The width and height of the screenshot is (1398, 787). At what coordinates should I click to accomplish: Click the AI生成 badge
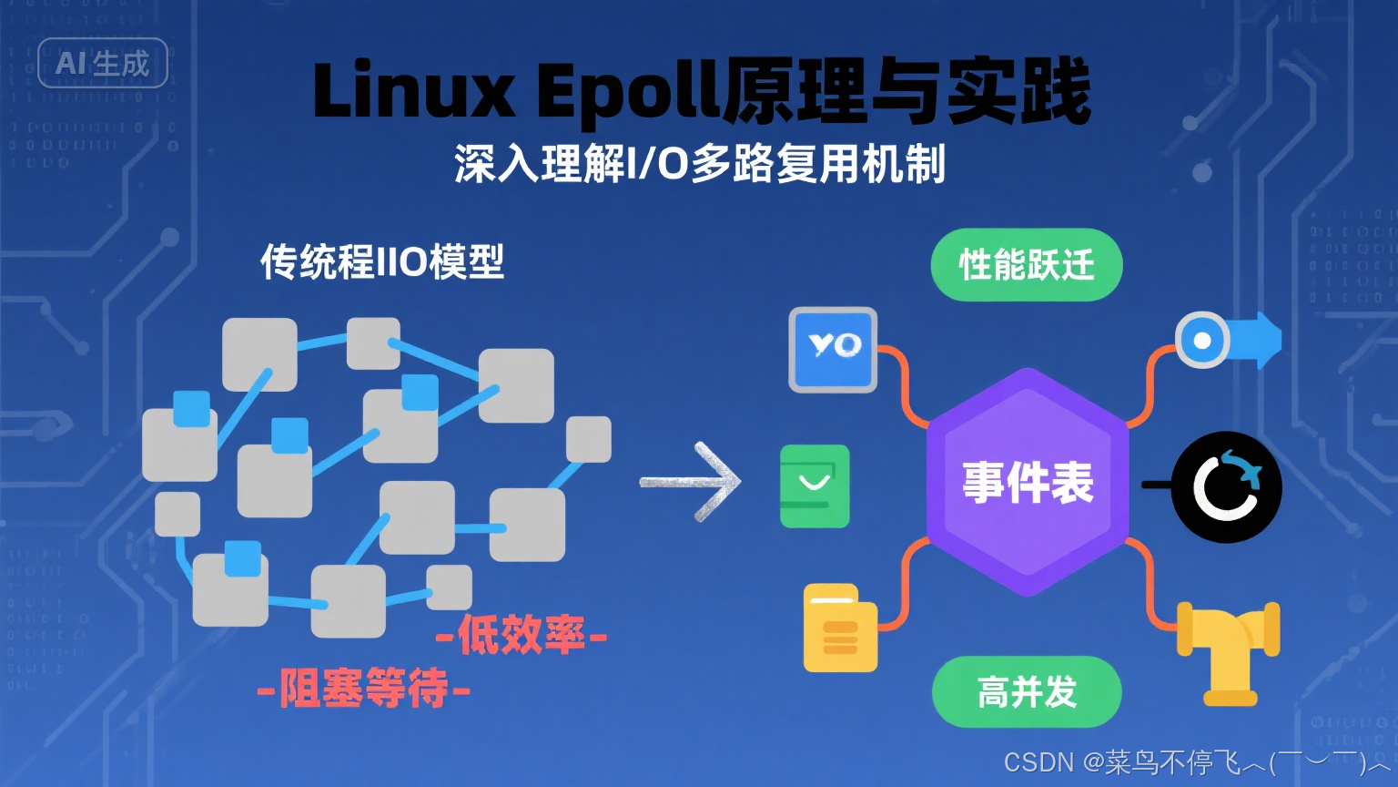click(102, 63)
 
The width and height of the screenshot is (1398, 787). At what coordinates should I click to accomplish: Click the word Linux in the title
click(413, 90)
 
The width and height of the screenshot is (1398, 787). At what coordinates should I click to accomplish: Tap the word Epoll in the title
click(627, 92)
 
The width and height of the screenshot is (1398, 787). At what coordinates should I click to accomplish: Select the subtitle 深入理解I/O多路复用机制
click(700, 164)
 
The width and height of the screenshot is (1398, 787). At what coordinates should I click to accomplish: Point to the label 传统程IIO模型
click(381, 262)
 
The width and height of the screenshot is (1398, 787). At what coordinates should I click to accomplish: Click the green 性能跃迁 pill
click(1026, 265)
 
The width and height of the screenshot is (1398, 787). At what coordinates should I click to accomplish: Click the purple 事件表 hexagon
click(1028, 482)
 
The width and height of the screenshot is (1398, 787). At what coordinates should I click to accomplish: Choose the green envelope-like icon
click(815, 485)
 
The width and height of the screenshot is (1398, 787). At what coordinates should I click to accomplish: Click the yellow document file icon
click(840, 629)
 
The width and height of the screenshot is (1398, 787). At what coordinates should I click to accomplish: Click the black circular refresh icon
click(1226, 486)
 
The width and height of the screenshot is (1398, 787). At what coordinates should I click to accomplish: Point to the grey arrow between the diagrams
click(692, 482)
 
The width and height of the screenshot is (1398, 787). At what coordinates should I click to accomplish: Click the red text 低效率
click(522, 635)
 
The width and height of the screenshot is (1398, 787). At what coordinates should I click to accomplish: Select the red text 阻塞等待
click(363, 688)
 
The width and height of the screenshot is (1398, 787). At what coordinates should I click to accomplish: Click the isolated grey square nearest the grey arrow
click(588, 439)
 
